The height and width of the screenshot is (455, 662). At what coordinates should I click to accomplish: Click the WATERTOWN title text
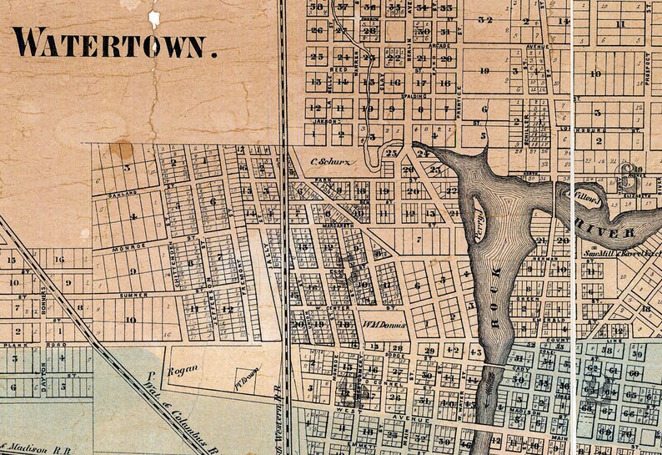click(115, 43)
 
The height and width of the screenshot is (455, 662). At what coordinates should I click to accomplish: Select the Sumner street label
click(133, 296)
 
